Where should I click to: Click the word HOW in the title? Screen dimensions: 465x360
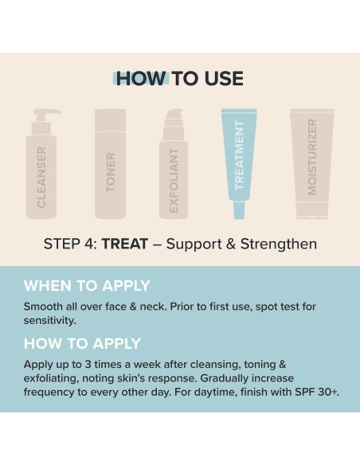coord(141,78)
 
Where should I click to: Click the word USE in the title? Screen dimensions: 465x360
coord(223,78)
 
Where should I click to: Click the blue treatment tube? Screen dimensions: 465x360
coord(238,159)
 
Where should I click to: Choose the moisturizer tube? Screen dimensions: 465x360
coord(312,163)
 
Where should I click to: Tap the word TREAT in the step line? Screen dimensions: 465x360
coord(124,244)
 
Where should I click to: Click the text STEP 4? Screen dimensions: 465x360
coord(69,244)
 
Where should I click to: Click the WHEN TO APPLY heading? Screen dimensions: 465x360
coord(87,286)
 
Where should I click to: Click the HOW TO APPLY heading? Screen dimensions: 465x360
coord(82,343)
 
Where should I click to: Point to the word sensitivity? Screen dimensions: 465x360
coord(49,320)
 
